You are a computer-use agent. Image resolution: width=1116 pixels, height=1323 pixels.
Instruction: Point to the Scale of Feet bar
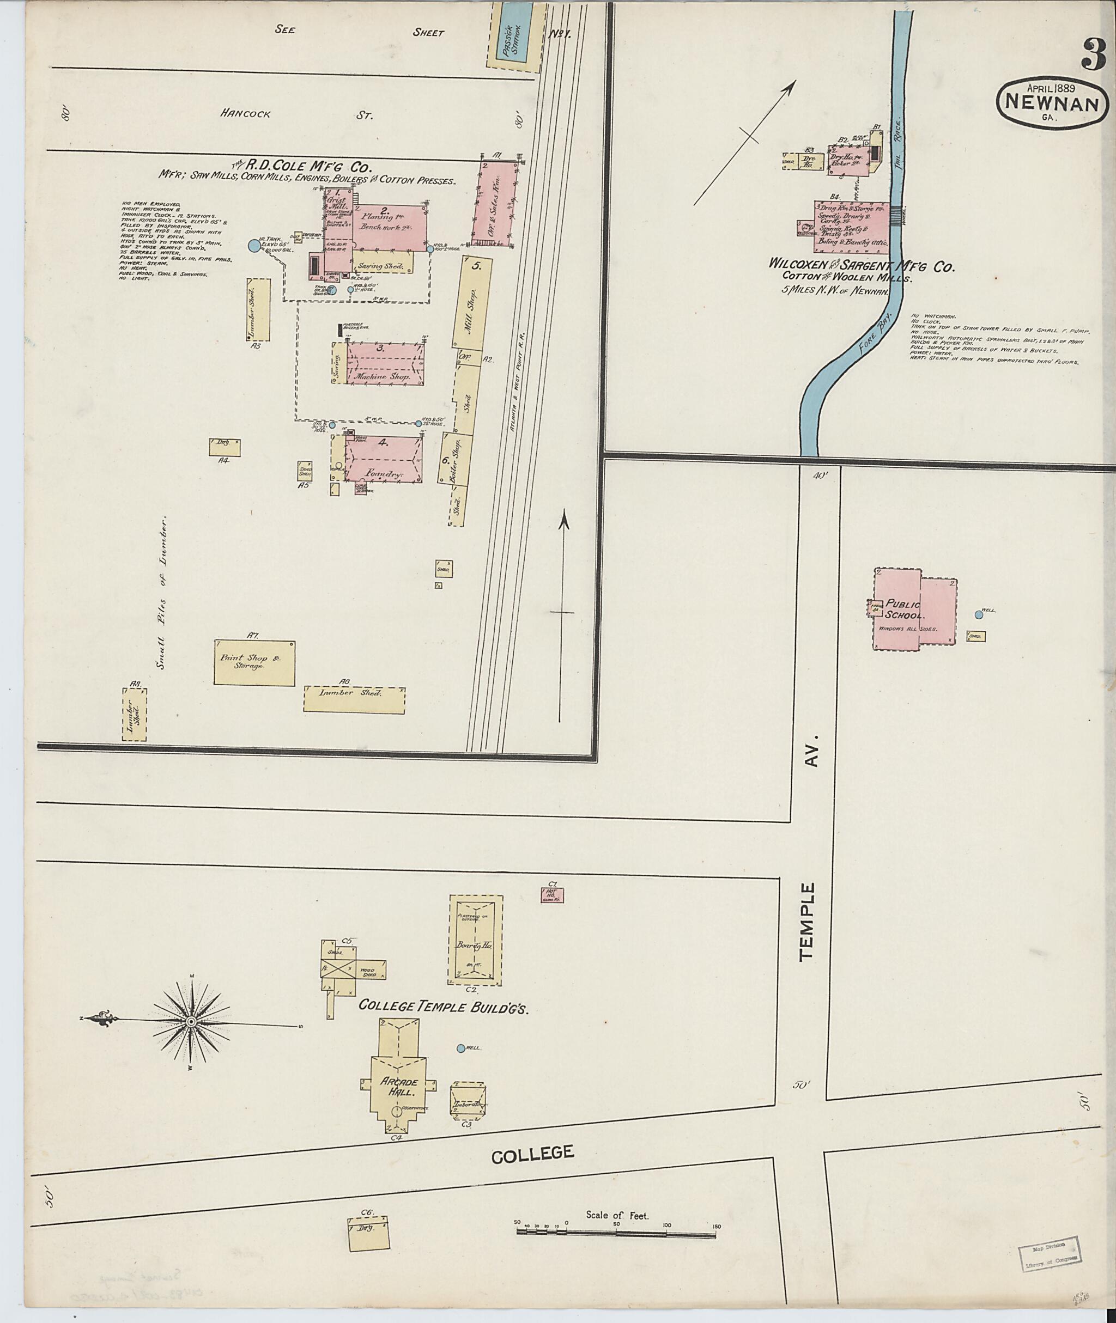(x=617, y=1233)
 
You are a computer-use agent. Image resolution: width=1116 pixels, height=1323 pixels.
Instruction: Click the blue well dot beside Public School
(x=978, y=614)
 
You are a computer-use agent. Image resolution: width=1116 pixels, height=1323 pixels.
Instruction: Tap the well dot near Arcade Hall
(x=460, y=1048)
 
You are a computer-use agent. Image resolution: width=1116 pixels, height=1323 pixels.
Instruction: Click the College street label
(x=533, y=1154)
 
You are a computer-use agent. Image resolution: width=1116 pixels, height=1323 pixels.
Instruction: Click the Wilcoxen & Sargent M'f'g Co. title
(x=860, y=266)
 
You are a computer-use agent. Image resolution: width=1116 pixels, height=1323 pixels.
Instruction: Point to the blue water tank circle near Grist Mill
(x=254, y=247)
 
